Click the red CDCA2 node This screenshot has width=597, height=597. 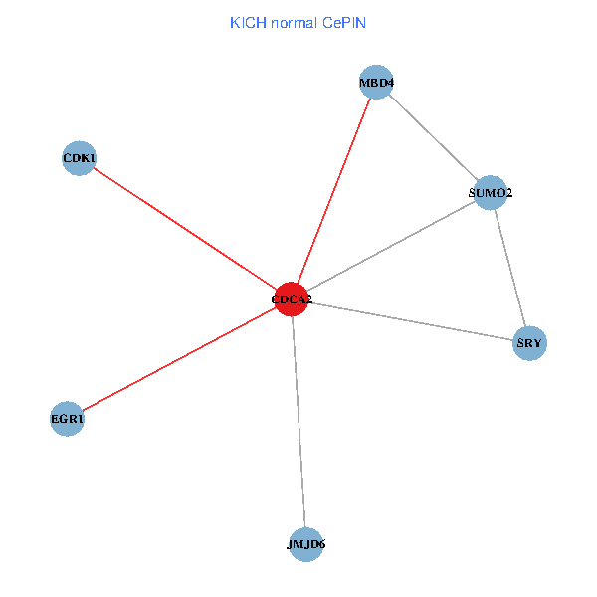coord(291,298)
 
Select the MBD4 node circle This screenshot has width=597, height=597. coord(377,83)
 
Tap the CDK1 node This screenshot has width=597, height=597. coord(79,158)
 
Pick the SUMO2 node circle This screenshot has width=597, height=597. coord(491,192)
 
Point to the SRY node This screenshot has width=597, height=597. coord(529,344)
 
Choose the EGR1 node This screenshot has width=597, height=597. coord(67,419)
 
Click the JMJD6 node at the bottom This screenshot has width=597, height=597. coord(305,544)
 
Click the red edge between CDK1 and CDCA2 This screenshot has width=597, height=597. coord(184,228)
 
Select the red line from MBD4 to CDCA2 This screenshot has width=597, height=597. coord(334,190)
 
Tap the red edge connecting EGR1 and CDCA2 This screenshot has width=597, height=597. coord(179,358)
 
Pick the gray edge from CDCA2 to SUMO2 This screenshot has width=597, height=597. coord(390,246)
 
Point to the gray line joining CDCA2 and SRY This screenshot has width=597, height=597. coord(410,321)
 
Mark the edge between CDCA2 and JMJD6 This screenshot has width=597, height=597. coord(298,422)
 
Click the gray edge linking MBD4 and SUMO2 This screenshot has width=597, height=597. coord(434,137)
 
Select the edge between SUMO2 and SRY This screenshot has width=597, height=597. coord(509,268)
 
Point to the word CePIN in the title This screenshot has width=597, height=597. coord(344,22)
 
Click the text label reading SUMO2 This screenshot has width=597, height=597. coord(491,192)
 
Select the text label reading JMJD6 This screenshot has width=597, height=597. coord(305,544)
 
